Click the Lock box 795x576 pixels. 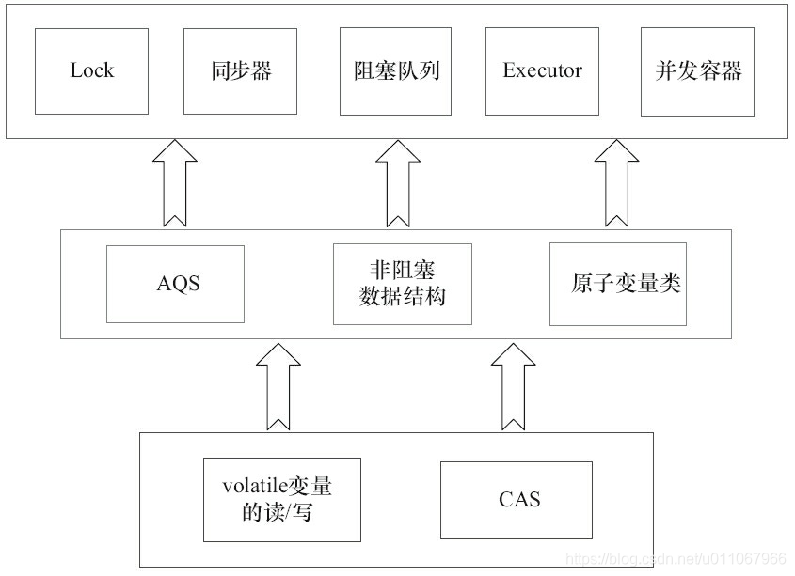point(91,71)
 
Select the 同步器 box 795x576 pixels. point(240,71)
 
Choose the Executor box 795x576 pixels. point(542,71)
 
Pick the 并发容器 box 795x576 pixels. point(697,71)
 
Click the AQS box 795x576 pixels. point(176,284)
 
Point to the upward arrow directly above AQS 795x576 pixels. point(174,183)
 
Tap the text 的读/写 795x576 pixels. point(278,512)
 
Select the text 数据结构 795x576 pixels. point(402,297)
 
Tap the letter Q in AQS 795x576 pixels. point(177,284)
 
